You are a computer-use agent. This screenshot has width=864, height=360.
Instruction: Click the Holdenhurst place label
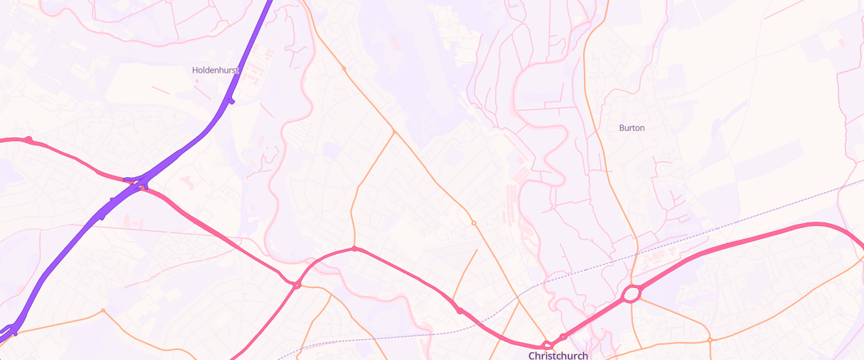pyautogui.click(x=215, y=70)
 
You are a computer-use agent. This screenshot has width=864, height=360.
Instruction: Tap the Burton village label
pyautogui.click(x=631, y=128)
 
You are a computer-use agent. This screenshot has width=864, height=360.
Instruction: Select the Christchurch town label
pyautogui.click(x=558, y=355)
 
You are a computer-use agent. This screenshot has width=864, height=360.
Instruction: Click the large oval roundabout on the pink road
pyautogui.click(x=631, y=294)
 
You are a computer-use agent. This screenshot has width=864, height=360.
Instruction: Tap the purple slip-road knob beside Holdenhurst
pyautogui.click(x=230, y=100)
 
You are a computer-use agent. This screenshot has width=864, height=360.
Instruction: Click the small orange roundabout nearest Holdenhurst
pyautogui.click(x=344, y=69)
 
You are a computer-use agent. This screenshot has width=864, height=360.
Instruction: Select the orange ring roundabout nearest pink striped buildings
pyautogui.click(x=474, y=223)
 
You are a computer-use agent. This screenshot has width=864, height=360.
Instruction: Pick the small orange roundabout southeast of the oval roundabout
pyautogui.click(x=709, y=339)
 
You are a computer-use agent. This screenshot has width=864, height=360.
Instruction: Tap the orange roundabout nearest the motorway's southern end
pyautogui.click(x=103, y=310)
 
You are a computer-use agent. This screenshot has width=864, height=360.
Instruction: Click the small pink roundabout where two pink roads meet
pyautogui.click(x=296, y=286)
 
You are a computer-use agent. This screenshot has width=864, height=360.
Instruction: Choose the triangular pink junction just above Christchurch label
pyautogui.click(x=549, y=345)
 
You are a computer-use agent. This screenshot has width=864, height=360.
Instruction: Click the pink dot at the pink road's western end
pyautogui.click(x=28, y=139)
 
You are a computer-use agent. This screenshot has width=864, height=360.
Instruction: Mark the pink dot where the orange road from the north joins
pyautogui.click(x=354, y=249)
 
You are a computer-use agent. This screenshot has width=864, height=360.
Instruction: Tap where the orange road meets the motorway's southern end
pyautogui.click(x=14, y=332)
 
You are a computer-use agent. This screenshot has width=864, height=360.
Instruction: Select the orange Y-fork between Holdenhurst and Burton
pyautogui.click(x=395, y=132)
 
